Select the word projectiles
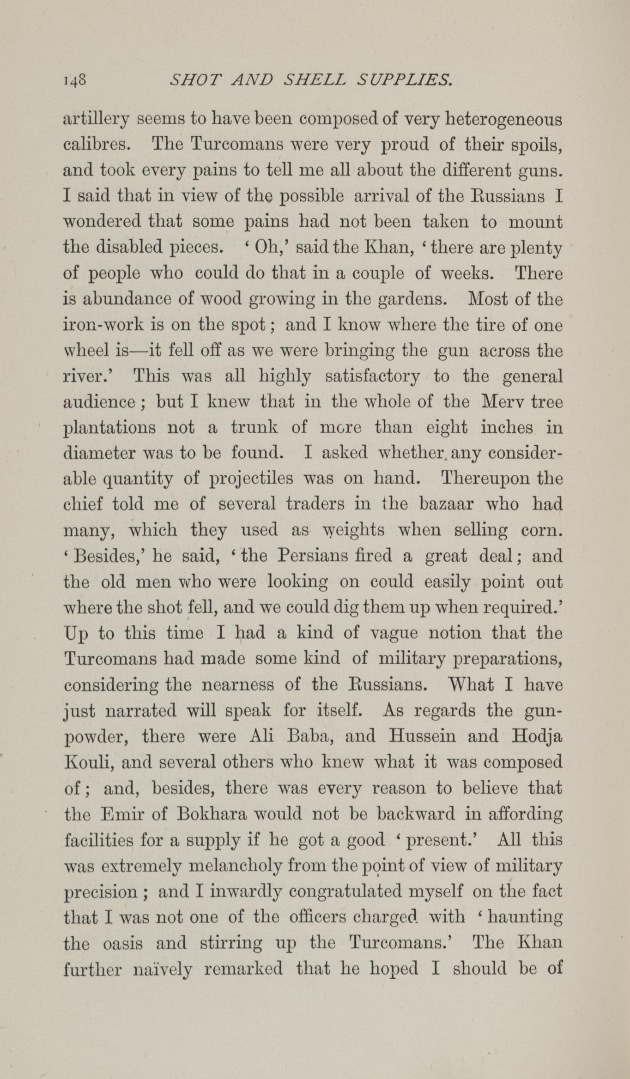[251, 479]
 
